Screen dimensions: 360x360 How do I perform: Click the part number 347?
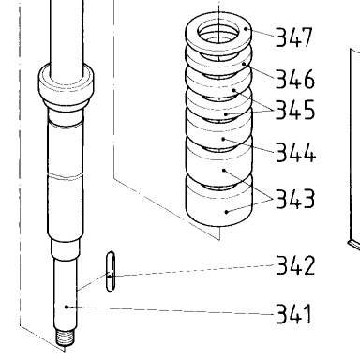[294, 37]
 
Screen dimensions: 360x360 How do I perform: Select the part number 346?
[295, 79]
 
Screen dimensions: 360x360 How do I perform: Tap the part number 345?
[295, 110]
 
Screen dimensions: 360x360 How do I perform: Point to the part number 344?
[296, 152]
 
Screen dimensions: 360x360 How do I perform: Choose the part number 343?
[295, 199]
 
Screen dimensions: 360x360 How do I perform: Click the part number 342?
[295, 265]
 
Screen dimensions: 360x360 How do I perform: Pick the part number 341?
[294, 313]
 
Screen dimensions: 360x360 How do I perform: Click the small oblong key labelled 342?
[111, 271]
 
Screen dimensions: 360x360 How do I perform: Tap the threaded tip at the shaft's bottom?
[66, 338]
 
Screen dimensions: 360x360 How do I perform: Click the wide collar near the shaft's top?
[66, 83]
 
